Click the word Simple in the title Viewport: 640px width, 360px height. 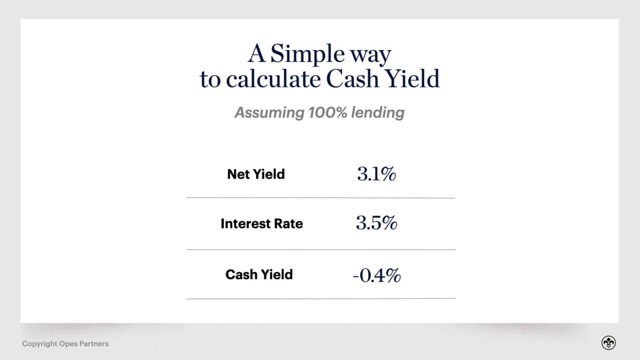307,54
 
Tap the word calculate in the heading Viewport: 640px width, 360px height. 273,79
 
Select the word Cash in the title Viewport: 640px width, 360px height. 352,79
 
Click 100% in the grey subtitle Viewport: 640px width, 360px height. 328,112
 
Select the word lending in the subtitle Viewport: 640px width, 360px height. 378,113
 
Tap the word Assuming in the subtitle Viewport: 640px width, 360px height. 269,113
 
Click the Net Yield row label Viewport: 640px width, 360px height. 256,174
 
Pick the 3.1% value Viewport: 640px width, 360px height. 377,174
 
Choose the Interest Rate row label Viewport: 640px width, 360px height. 261,223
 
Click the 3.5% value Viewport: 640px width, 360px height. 377,222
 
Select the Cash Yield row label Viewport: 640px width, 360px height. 259,275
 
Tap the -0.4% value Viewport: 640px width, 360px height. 377,275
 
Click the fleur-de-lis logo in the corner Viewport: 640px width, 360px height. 608,343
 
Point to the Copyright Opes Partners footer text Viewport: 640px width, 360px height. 65,344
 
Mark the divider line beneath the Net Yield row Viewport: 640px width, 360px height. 321,197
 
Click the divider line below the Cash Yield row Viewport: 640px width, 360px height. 321,299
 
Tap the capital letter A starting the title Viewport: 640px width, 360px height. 256,53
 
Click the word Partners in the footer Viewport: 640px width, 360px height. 94,344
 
